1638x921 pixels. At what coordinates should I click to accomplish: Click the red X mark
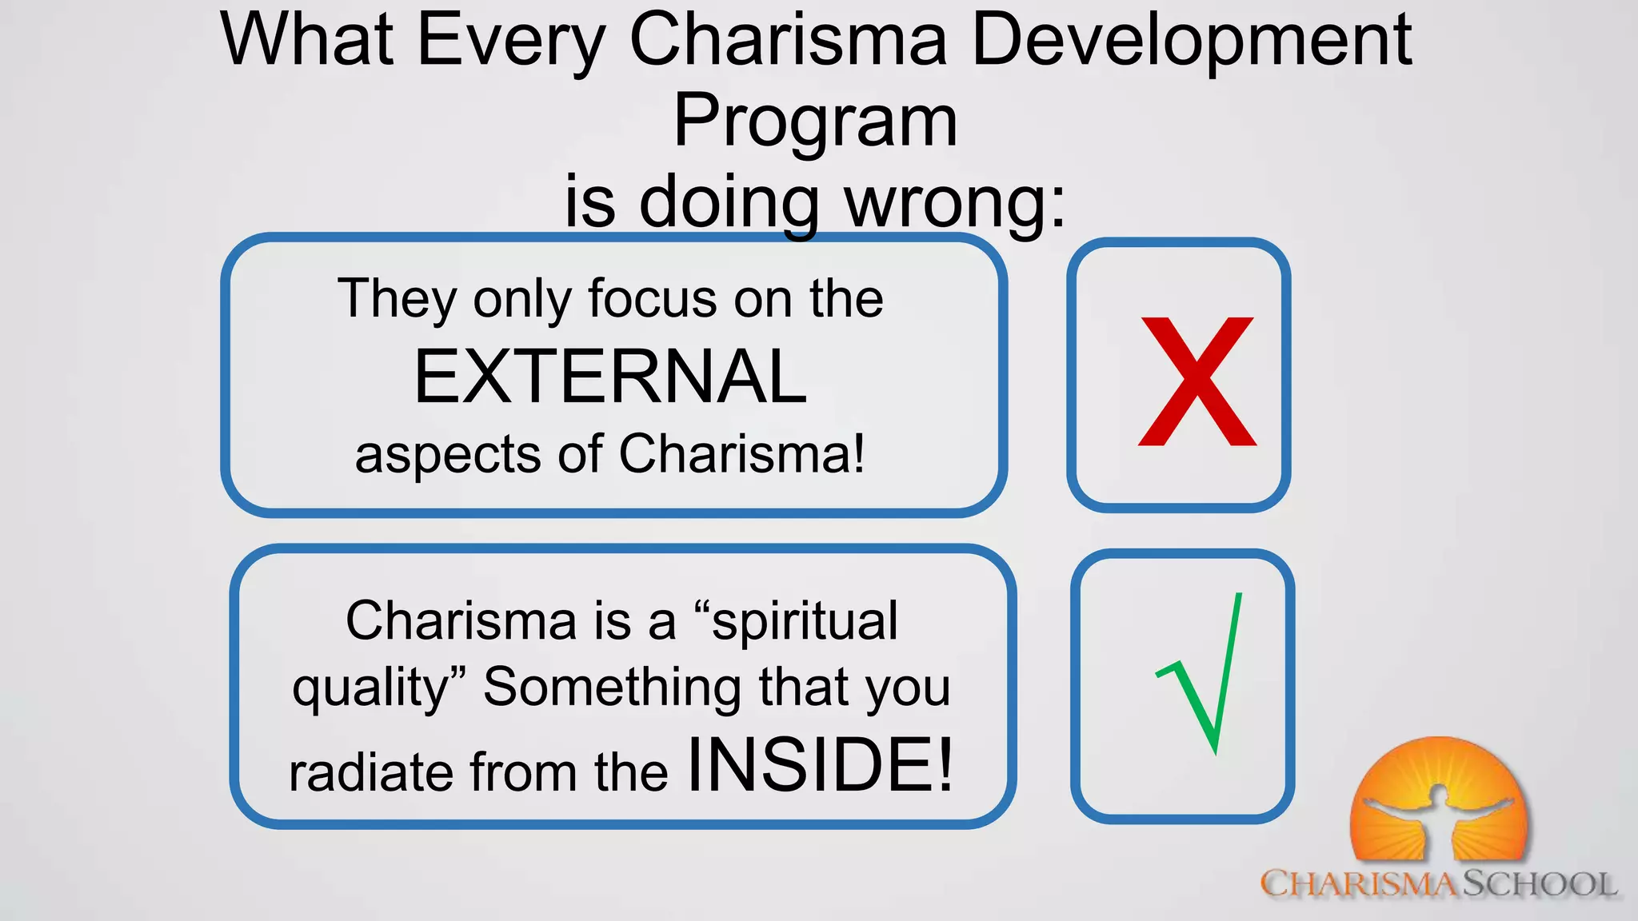click(1197, 381)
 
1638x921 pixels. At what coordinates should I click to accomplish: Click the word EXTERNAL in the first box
click(610, 377)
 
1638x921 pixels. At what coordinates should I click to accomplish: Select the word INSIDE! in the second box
click(821, 765)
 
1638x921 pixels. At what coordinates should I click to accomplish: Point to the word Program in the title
click(815, 122)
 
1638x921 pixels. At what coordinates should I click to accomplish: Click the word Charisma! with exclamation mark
click(741, 454)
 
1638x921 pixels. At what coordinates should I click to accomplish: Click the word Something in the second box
click(613, 688)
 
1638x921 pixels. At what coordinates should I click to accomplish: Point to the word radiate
click(372, 772)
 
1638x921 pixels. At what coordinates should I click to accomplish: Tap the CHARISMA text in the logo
click(1360, 884)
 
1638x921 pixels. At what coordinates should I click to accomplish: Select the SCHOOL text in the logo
click(1539, 884)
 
